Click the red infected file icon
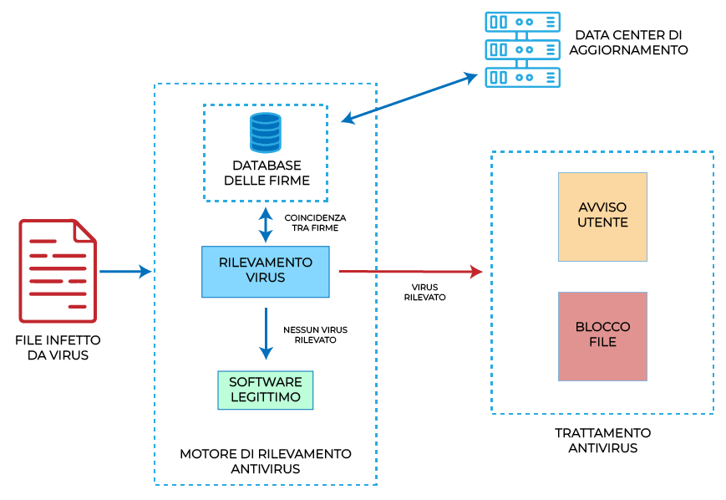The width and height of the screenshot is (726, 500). click(x=58, y=271)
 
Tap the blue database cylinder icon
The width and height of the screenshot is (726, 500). click(x=266, y=132)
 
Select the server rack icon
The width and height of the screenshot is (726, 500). click(x=523, y=49)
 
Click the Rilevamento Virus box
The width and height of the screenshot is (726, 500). click(x=266, y=271)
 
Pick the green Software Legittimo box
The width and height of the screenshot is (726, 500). click(x=265, y=390)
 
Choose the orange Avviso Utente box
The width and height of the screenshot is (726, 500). click(x=602, y=217)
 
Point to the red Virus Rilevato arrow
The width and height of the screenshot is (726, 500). click(x=409, y=272)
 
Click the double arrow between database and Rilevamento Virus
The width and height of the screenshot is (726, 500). click(x=266, y=223)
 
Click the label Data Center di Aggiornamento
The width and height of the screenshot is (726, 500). click(x=628, y=43)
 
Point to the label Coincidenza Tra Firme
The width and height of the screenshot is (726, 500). click(x=314, y=222)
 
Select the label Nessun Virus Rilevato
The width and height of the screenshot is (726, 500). click(x=315, y=334)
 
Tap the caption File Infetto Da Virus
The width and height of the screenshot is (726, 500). click(x=58, y=348)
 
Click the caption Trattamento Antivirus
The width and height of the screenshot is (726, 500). click(x=602, y=441)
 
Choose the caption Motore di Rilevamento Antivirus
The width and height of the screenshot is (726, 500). click(x=265, y=461)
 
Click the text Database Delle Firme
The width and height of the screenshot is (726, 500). click(x=266, y=173)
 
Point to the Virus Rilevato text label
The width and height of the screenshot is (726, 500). click(x=424, y=292)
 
